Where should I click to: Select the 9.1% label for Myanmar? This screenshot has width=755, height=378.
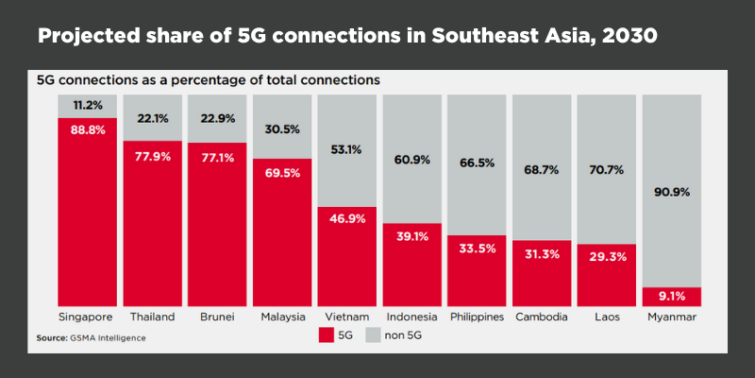(671, 293)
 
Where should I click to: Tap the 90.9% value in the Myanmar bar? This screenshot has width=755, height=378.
(671, 192)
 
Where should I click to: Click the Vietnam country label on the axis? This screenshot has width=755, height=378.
(346, 316)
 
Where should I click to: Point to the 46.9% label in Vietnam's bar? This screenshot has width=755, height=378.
(346, 216)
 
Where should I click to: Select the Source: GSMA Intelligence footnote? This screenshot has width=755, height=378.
(92, 337)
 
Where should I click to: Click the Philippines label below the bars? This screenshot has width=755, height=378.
(477, 316)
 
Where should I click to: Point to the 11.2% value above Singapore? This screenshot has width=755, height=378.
(87, 105)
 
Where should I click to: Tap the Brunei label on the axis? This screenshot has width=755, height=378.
(216, 316)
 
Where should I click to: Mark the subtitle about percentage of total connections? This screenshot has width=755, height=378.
(208, 80)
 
